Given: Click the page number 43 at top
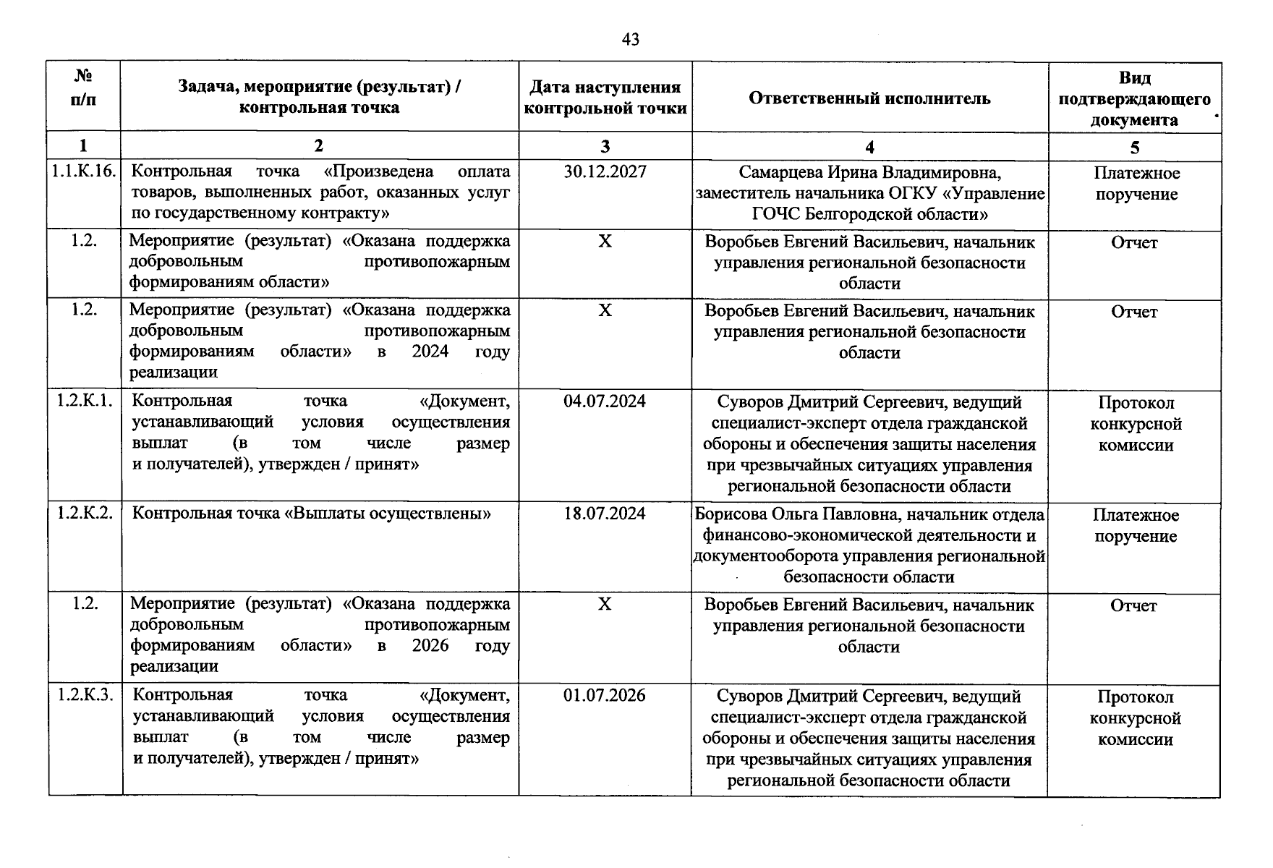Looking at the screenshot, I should [x=630, y=40].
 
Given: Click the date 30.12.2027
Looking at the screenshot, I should [x=605, y=172].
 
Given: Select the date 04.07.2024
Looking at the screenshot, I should [x=605, y=401].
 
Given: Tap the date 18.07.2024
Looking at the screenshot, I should [x=605, y=514].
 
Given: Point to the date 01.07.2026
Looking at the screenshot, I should [x=605, y=696].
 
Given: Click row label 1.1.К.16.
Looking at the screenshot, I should [x=84, y=172].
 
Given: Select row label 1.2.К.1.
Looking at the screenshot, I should [x=85, y=401].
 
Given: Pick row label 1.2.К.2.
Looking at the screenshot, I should [x=85, y=514].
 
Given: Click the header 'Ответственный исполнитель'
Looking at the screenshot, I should [x=869, y=98].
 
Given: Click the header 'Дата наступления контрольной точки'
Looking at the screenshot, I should [x=605, y=98].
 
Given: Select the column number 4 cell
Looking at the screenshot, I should [x=869, y=147].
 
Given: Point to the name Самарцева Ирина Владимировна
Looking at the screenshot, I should [x=869, y=173].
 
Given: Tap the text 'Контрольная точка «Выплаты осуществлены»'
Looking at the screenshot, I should [x=312, y=514].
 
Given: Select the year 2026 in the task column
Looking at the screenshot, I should [x=430, y=645].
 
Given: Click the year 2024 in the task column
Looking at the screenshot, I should [x=430, y=352].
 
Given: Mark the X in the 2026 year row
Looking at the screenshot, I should [x=605, y=604].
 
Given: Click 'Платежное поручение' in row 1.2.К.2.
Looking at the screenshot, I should [x=1135, y=526].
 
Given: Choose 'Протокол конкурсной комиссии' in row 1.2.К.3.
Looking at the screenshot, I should [x=1135, y=718].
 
